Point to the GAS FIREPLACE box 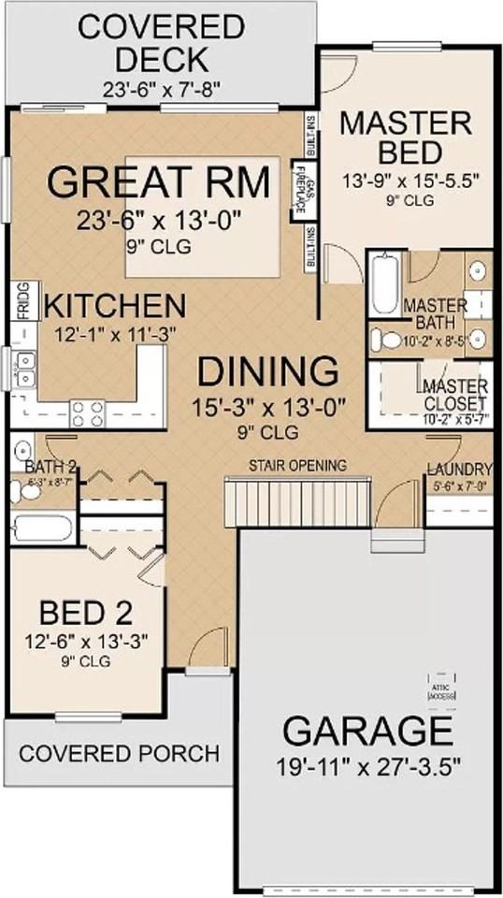click(x=301, y=192)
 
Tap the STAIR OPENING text click(x=297, y=465)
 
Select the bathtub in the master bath click(x=384, y=285)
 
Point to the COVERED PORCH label click(x=119, y=753)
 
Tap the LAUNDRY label click(x=459, y=469)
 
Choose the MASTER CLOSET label click(x=454, y=395)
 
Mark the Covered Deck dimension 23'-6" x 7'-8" click(x=156, y=89)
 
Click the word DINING click(x=267, y=372)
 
